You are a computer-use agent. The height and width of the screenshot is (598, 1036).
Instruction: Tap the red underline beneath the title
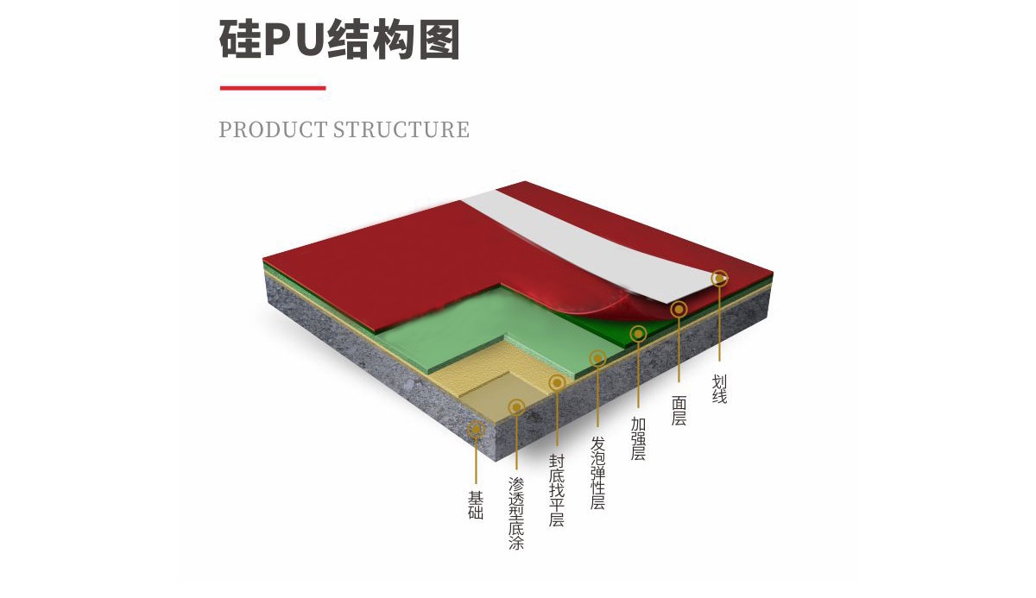[272, 87]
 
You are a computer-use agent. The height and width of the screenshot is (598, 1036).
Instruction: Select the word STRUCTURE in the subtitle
[401, 130]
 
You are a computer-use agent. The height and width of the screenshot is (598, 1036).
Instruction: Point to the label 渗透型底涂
[516, 513]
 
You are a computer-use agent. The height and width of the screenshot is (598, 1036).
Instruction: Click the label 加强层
[638, 438]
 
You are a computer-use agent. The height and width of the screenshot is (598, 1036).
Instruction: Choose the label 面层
[679, 410]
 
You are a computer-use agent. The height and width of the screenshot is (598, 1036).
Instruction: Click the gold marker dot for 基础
[476, 428]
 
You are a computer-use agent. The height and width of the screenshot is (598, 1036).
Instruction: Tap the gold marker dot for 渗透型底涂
[516, 406]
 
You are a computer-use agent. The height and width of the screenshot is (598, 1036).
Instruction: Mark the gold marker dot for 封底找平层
[557, 382]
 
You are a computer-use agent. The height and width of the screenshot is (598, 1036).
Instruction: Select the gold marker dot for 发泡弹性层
[597, 358]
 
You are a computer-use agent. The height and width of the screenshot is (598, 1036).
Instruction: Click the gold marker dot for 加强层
[638, 333]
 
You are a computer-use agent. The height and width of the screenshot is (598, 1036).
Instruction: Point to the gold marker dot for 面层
[679, 309]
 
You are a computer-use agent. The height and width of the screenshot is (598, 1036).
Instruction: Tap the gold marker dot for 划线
[719, 278]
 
